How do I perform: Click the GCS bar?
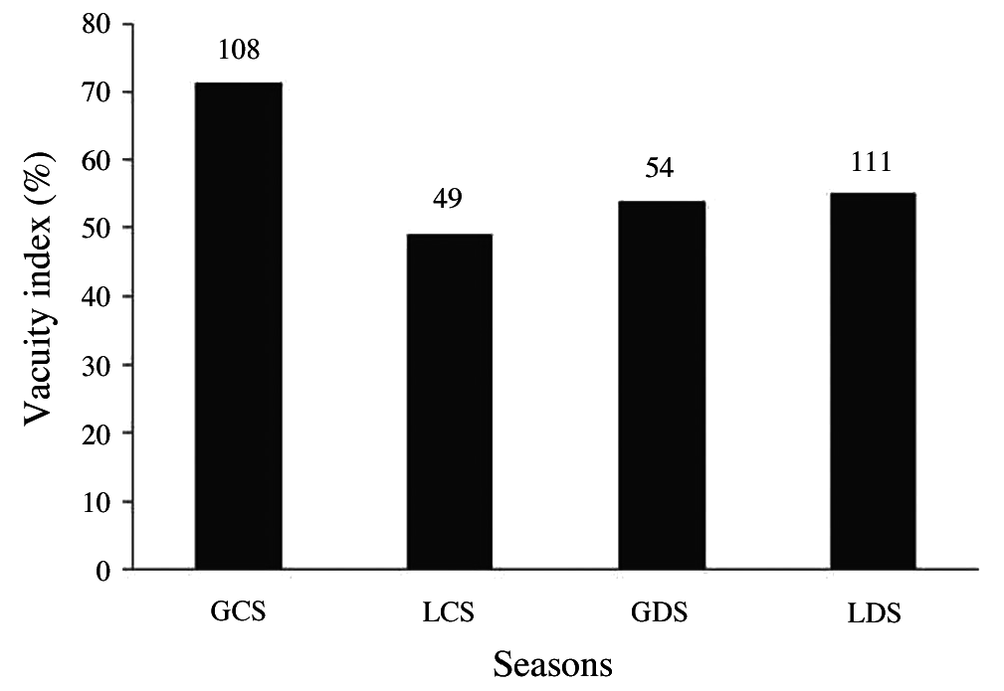coord(239,326)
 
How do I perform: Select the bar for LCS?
coord(450,402)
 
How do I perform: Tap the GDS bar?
coord(662,386)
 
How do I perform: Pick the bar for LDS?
coord(873,381)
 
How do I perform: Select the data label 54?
coord(661,168)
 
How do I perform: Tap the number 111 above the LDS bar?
coord(873,160)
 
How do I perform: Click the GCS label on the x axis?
coord(239,610)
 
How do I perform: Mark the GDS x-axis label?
coord(661,611)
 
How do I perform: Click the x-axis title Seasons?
coord(553,662)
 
